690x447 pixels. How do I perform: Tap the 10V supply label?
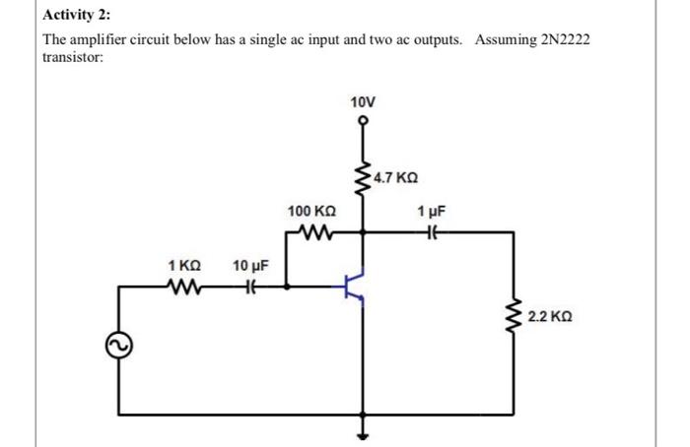tap(363, 101)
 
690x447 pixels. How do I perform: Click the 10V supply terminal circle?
tap(363, 123)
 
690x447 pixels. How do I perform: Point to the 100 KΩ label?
tap(311, 212)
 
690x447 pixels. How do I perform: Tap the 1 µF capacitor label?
tap(431, 212)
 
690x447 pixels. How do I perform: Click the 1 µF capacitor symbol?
tap(431, 233)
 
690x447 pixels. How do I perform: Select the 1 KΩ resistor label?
tap(184, 266)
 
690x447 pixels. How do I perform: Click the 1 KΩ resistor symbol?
tap(184, 287)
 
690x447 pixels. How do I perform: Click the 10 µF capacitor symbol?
tap(250, 287)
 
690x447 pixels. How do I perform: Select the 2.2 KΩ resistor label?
tap(549, 318)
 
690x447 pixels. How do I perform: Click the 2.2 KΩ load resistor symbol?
tap(513, 318)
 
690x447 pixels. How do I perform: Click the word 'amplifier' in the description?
tap(102, 39)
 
